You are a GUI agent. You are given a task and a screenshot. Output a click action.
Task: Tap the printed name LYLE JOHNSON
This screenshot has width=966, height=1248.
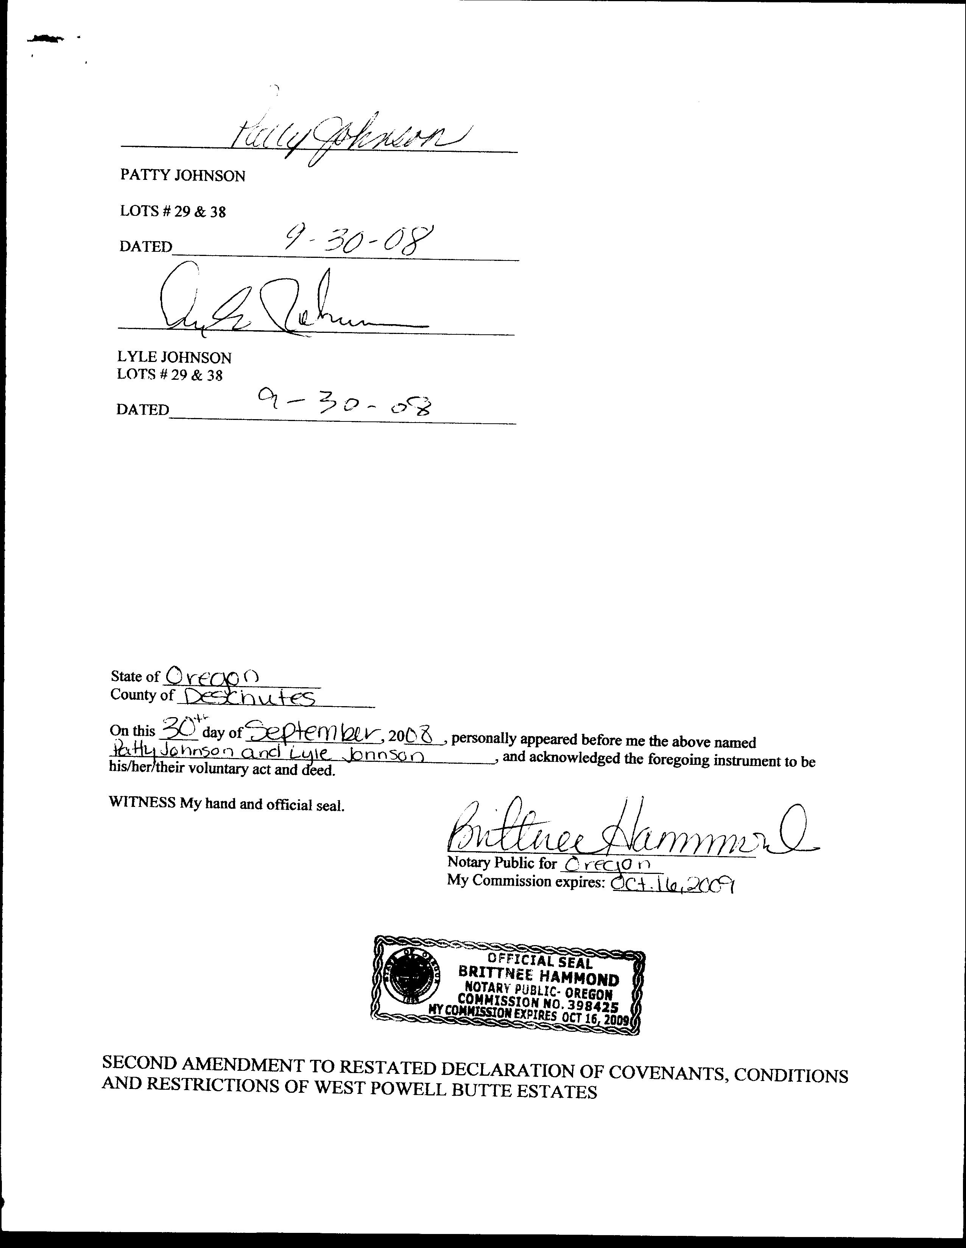tap(174, 358)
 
